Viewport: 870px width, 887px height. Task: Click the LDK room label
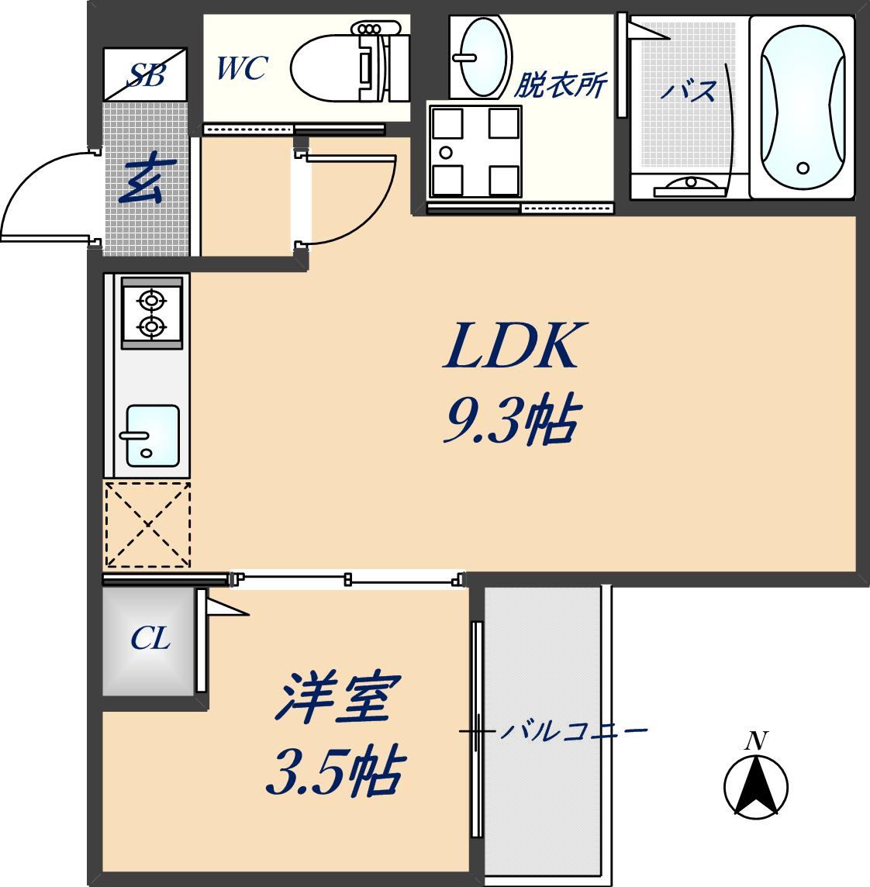click(513, 347)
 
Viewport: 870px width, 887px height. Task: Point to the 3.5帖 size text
click(334, 771)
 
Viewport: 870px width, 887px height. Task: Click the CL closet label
click(150, 640)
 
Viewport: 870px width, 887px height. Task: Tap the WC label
click(241, 69)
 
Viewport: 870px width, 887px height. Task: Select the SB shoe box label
click(146, 74)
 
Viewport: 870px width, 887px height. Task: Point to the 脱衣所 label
click(561, 85)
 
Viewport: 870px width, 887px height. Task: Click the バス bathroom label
click(689, 92)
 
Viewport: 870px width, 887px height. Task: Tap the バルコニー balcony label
click(572, 731)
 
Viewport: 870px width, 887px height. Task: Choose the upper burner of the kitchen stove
click(151, 298)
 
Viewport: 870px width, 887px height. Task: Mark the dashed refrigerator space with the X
click(147, 525)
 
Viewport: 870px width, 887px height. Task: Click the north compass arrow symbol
click(756, 785)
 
